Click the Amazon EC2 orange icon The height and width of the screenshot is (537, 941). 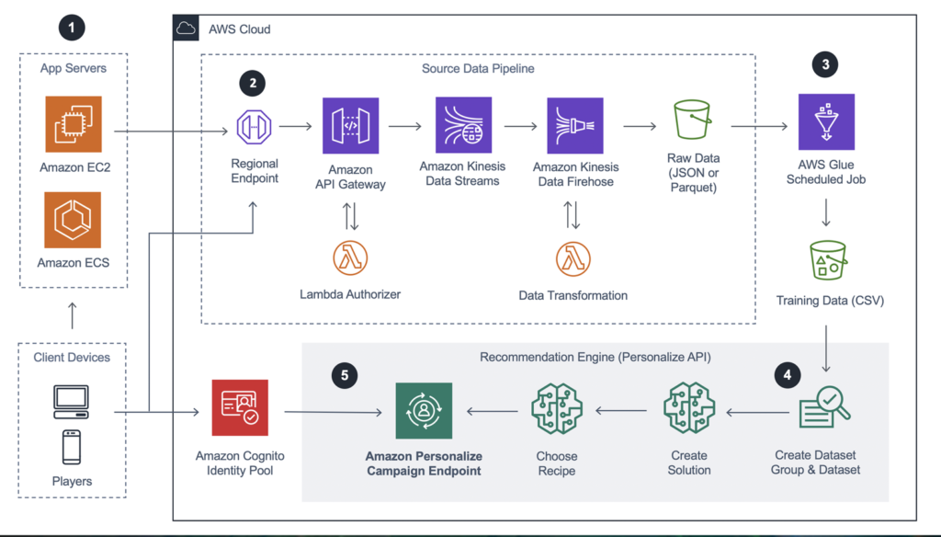pyautogui.click(x=73, y=126)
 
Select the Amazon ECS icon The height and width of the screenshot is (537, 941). pyautogui.click(x=73, y=220)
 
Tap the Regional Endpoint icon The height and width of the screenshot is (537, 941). pyautogui.click(x=255, y=126)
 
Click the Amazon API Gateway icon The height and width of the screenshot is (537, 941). pyautogui.click(x=350, y=126)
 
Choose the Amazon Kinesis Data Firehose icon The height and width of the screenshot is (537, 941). pyautogui.click(x=575, y=126)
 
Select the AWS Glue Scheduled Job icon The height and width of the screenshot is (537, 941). pyautogui.click(x=825, y=126)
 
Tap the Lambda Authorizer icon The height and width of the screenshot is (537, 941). pyautogui.click(x=350, y=258)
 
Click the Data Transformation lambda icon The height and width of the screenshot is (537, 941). pyautogui.click(x=573, y=258)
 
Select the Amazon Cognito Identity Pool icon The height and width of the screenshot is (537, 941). pyautogui.click(x=239, y=409)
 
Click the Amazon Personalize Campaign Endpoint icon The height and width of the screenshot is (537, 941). pyautogui.click(x=424, y=411)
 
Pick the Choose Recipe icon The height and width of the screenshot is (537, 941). pyautogui.click(x=557, y=409)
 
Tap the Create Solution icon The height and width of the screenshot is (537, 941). pyautogui.click(x=688, y=409)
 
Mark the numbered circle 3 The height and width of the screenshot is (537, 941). pyautogui.click(x=825, y=63)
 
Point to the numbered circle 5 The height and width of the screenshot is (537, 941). pyautogui.click(x=344, y=375)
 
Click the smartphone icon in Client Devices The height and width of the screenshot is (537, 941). pyautogui.click(x=71, y=447)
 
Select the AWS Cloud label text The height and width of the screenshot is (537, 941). pyautogui.click(x=240, y=29)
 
